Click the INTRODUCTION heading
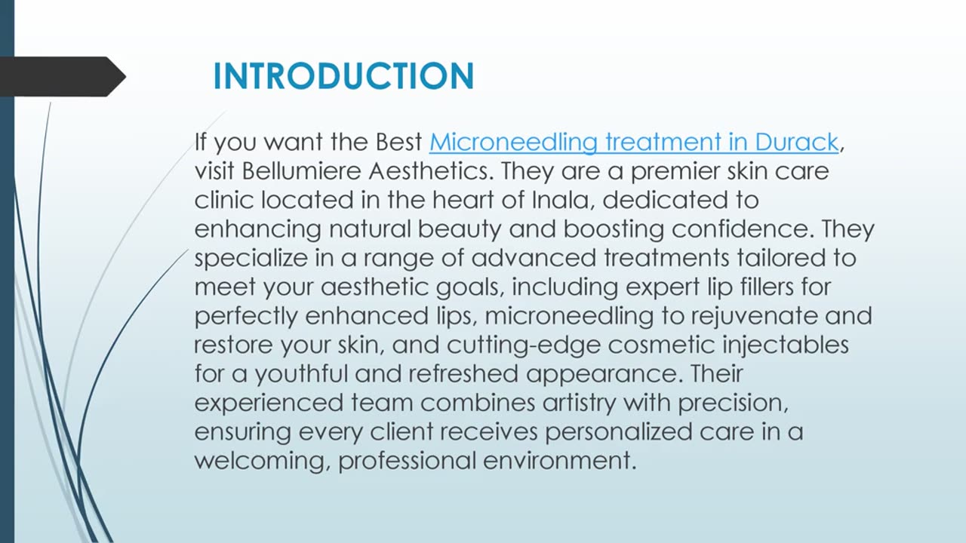pos(343,76)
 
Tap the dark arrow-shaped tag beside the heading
pos(63,77)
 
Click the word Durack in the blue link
pos(796,142)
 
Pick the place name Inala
pos(563,200)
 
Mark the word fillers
pos(768,287)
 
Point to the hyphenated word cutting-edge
pos(524,345)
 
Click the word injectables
pos(786,345)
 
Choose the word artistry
pos(579,403)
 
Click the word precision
pos(733,403)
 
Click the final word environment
pos(560,461)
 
